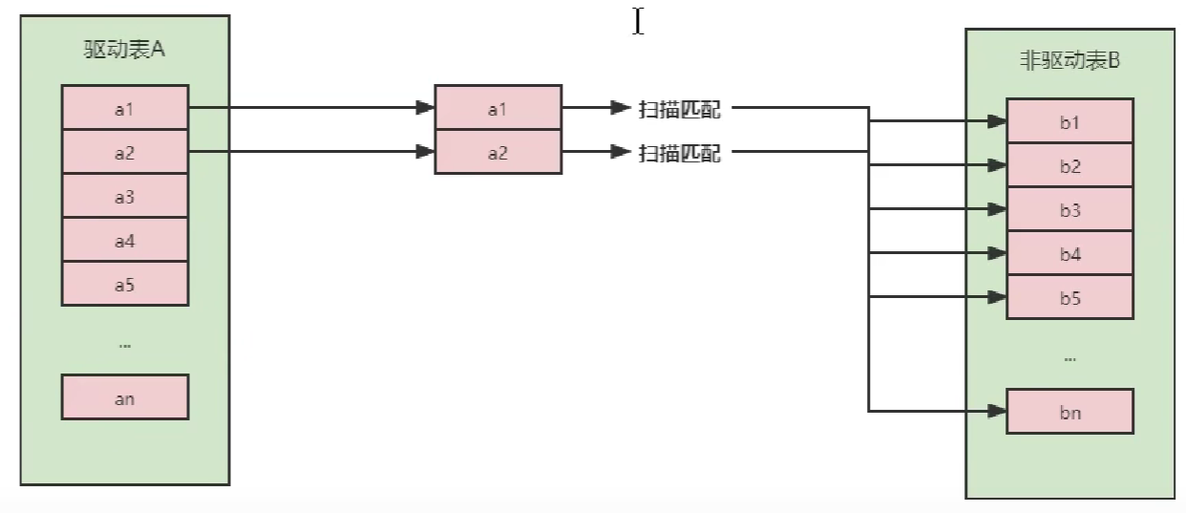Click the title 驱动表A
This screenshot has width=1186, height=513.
tap(124, 50)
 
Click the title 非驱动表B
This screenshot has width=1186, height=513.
tap(1070, 62)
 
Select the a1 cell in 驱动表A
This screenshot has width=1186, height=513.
tap(125, 108)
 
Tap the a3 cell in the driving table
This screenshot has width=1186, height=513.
tap(125, 197)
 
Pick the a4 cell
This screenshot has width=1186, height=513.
tap(125, 241)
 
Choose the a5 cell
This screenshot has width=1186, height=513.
tap(125, 284)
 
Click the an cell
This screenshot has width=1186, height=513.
tap(125, 397)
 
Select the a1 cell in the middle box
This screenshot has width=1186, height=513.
tap(498, 109)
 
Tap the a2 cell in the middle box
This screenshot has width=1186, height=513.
tap(498, 152)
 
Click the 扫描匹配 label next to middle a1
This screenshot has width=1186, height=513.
tap(679, 109)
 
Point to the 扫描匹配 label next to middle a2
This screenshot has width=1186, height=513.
tap(679, 152)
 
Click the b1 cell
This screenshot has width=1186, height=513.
tap(1070, 122)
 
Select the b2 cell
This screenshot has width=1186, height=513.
tap(1070, 166)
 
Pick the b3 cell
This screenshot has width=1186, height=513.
tap(1070, 210)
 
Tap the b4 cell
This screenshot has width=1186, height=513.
tap(1070, 254)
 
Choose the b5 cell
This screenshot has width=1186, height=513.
tap(1070, 298)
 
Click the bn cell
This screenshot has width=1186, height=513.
tap(1070, 413)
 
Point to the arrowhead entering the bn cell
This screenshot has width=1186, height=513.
tap(996, 412)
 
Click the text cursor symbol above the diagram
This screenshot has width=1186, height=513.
tap(638, 21)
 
